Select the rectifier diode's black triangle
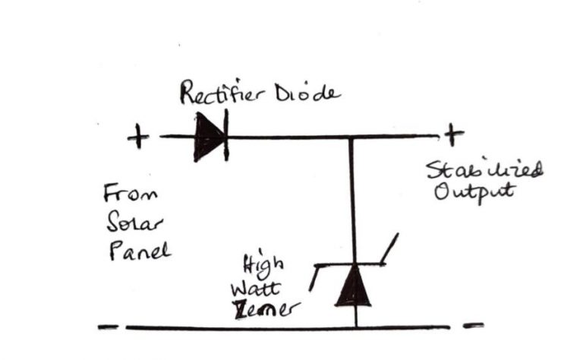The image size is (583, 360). (207, 137)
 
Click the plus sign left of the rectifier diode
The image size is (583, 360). (138, 137)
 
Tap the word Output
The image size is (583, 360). (474, 190)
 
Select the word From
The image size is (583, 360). (131, 194)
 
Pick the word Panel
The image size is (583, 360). (137, 250)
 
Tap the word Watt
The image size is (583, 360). (258, 288)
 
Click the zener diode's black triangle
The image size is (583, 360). (354, 286)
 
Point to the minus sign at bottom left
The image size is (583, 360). (109, 328)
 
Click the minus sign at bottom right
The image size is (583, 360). (472, 327)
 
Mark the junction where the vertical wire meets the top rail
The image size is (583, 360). (351, 137)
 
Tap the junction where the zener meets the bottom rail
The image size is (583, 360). (355, 328)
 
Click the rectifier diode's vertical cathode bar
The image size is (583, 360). (226, 137)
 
